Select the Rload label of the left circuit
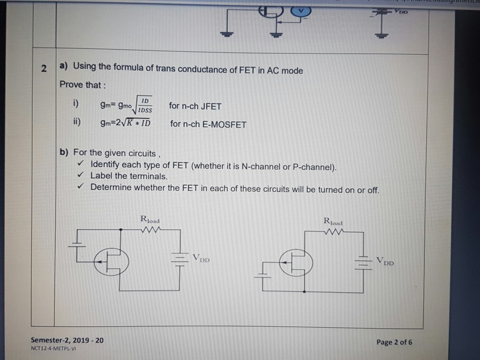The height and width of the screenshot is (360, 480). [150, 220]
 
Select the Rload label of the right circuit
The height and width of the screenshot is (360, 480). [333, 221]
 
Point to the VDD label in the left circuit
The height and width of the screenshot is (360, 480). [201, 260]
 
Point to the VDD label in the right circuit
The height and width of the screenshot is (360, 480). [385, 261]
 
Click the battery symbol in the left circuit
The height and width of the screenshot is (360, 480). [179, 260]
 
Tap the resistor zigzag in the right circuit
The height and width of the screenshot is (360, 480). [333, 232]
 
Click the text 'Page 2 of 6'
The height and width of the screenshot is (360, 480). [394, 342]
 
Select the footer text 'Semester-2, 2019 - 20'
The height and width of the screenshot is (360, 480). [67, 340]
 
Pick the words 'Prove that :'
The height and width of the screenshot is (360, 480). [80, 85]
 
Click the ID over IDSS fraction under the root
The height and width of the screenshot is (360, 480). [145, 105]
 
